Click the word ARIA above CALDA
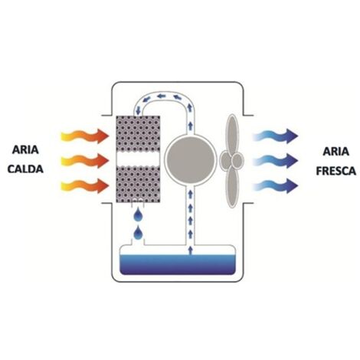coord(25,149)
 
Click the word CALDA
coord(25,169)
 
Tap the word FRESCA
coord(336,171)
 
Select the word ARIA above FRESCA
coord(336,152)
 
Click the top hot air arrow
coord(85,136)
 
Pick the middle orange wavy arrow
coord(85,161)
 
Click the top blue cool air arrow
coord(275,136)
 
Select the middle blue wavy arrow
coord(275,161)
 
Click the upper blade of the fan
coord(232,134)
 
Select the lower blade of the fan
coord(232,187)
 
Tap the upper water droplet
coord(138,214)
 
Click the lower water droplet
coord(138,233)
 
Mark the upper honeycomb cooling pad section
coord(138,133)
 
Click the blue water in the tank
coord(178,264)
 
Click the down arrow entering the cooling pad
coord(138,110)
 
